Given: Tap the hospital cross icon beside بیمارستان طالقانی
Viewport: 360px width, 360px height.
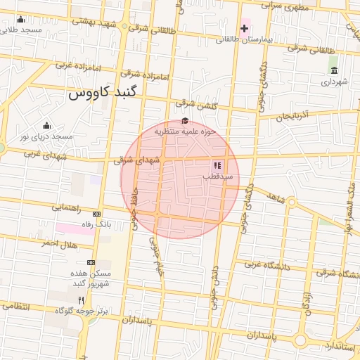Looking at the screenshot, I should pos(244,29).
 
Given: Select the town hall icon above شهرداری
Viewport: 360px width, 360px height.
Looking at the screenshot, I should pos(333,71).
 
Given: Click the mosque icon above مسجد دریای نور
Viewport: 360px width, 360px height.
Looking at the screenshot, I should pos(46,124).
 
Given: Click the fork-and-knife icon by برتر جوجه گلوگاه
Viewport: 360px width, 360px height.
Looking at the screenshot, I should pos(82,300).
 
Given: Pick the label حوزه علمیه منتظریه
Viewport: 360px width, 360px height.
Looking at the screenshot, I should pos(184,131).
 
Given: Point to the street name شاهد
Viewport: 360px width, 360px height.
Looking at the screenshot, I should pos(276,198).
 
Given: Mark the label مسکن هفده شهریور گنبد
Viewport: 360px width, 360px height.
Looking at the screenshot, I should pos(90,278).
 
